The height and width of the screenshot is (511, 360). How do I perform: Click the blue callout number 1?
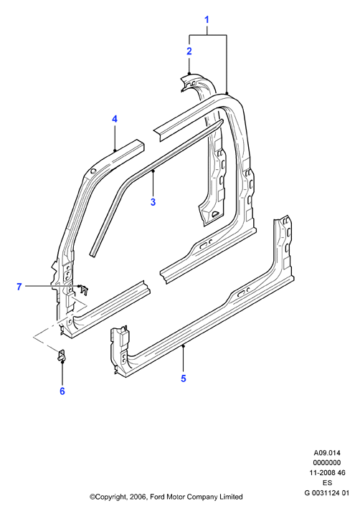pos(207,20)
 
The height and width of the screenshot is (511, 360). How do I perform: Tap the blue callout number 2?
pos(189,51)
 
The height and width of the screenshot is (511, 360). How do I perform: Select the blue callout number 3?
pos(153,202)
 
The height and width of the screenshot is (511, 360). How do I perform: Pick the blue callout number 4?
pos(115,119)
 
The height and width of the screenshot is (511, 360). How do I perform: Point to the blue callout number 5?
pos(184,378)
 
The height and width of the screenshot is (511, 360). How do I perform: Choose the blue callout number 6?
pos(62,391)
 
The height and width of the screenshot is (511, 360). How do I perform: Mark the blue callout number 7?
pos(19,287)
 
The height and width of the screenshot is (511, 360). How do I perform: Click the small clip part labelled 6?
pos(62,355)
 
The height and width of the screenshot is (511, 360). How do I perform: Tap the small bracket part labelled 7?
pos(84,289)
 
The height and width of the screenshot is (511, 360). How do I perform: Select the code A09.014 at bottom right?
pos(327,453)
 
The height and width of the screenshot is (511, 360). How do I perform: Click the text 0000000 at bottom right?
pos(327,462)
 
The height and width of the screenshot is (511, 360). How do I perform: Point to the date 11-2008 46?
pos(327,472)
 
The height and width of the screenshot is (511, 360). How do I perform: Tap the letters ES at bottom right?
pos(328,482)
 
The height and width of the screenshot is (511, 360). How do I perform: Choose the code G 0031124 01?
pos(327,493)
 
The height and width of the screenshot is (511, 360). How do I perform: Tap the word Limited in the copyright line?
pos(231,497)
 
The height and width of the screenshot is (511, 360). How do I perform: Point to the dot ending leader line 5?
pos(184,346)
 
